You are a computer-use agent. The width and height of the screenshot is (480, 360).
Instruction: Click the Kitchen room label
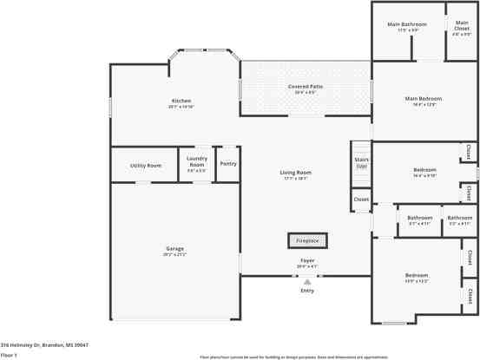(x=181, y=101)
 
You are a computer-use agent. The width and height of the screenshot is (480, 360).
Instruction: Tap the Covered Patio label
(x=306, y=87)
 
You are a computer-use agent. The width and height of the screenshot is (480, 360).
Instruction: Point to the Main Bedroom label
(x=424, y=99)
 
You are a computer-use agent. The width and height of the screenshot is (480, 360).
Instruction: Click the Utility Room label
(x=146, y=165)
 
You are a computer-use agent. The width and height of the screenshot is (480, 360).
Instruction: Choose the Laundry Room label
(x=197, y=161)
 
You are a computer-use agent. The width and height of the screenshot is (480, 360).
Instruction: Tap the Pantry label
(x=228, y=163)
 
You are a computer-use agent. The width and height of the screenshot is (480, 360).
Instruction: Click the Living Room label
(x=295, y=173)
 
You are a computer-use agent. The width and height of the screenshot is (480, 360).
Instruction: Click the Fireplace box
(x=306, y=240)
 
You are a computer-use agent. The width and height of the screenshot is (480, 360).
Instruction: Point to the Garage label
(x=174, y=249)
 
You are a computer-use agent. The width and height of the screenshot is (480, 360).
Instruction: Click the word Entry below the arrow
(x=306, y=290)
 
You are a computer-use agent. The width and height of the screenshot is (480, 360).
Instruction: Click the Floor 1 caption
(x=10, y=355)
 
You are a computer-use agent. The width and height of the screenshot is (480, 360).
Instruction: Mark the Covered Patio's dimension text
(x=306, y=92)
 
